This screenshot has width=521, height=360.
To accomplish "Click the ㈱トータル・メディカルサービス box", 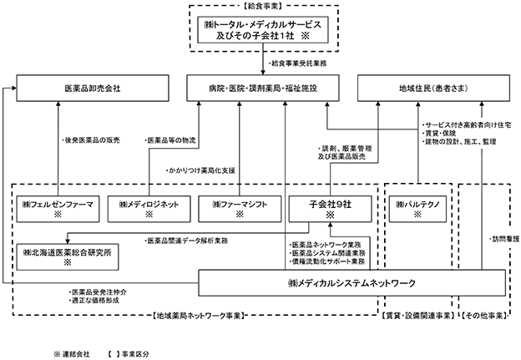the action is [x=263, y=29].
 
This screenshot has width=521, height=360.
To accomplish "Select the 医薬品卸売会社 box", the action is [x=93, y=88].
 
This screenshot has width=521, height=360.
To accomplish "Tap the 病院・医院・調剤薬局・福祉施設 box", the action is [x=263, y=88].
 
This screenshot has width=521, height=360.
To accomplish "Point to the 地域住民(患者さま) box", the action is [x=433, y=88].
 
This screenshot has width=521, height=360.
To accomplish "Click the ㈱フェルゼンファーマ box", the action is [x=58, y=209].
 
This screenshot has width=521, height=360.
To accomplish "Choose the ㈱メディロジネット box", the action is [x=149, y=209].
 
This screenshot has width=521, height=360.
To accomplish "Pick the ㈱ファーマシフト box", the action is [x=240, y=209].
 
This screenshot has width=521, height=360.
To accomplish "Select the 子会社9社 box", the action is [x=331, y=209].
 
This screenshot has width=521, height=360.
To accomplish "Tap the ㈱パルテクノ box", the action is [x=417, y=209].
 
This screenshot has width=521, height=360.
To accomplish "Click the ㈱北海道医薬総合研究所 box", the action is [x=68, y=257].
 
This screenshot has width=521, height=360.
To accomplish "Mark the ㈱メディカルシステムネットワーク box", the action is [x=352, y=283].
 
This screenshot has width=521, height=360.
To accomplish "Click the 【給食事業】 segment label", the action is [x=263, y=6].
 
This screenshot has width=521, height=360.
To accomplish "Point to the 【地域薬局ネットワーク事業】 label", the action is [x=199, y=316].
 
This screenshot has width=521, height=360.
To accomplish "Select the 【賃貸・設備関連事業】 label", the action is [x=417, y=316].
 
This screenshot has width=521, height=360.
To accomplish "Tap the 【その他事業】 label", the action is [x=483, y=316].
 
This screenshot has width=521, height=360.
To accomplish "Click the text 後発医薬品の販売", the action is [x=91, y=140].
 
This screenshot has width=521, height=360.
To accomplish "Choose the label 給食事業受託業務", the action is [x=297, y=63].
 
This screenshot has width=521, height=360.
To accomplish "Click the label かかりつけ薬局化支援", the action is [x=200, y=170].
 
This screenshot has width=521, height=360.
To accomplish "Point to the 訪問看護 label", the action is [x=504, y=240].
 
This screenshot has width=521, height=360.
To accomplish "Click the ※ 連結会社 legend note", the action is [x=72, y=354].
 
